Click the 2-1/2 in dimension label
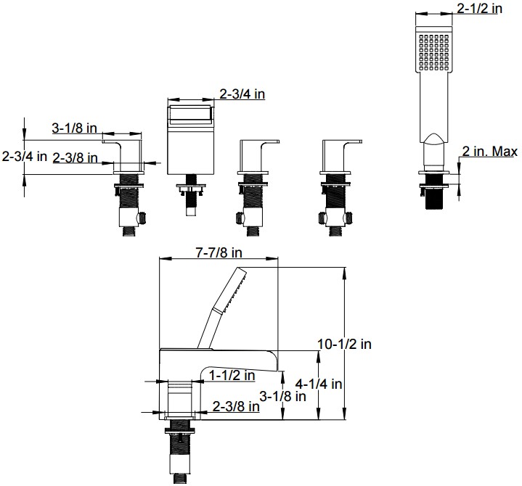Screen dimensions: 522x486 click(x=479, y=8)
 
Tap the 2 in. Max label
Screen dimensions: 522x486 click(x=490, y=152)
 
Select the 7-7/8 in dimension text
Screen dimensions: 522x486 click(x=219, y=252)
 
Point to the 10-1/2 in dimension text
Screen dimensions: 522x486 click(x=344, y=344)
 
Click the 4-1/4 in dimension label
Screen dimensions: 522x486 click(x=319, y=384)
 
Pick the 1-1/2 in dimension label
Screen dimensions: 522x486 click(x=232, y=375)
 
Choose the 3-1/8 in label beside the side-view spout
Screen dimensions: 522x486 click(x=282, y=396)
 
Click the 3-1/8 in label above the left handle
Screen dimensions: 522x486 click(x=75, y=128)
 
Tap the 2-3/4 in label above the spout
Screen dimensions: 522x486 click(x=242, y=94)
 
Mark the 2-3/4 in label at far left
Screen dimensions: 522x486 click(x=24, y=156)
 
